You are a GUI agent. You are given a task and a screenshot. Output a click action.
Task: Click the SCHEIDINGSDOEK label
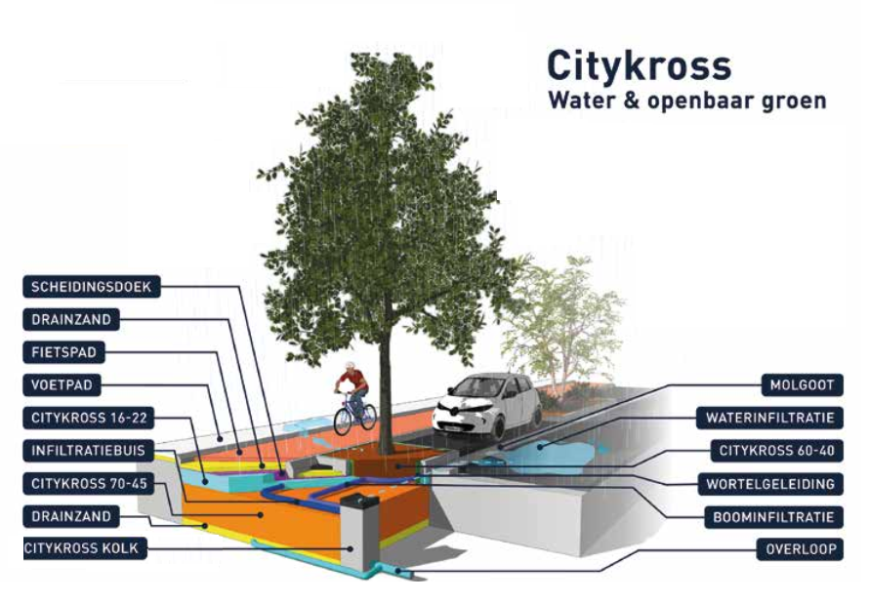point(91,287)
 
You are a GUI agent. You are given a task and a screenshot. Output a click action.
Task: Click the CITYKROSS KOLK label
point(85,548)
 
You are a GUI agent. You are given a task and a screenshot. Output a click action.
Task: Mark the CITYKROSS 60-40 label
point(776,451)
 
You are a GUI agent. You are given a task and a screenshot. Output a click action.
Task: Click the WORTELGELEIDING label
point(770,484)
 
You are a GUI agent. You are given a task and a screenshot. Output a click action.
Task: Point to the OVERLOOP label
point(799,549)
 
